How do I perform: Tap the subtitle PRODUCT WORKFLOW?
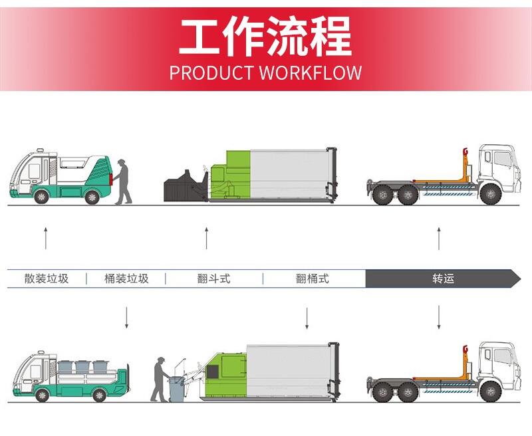265,72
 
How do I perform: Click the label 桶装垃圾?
126,278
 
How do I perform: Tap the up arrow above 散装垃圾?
46,237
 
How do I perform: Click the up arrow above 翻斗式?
206,237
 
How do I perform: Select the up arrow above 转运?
439,237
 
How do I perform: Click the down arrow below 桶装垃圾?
126,318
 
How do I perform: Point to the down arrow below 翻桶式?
307,318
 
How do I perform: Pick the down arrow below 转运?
439,318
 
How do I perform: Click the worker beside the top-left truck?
122,181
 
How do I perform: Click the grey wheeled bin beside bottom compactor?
177,389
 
